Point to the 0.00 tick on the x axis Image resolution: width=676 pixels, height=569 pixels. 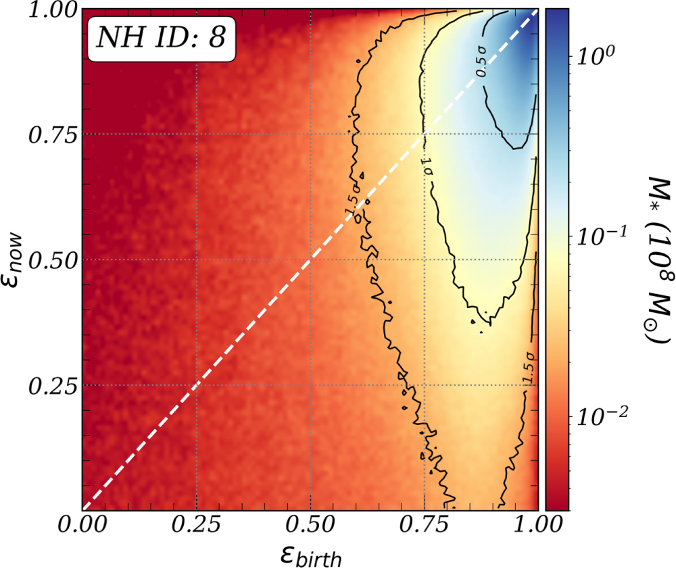[x=82, y=524]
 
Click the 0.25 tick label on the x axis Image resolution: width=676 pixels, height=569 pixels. [x=196, y=524]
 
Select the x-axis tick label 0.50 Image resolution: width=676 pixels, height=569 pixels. [x=310, y=524]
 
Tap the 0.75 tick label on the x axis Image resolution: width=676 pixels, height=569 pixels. [x=424, y=524]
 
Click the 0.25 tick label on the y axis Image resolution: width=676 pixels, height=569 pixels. [x=53, y=386]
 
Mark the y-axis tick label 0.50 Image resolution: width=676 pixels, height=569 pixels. [x=53, y=260]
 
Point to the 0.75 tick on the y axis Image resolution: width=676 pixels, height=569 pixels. [x=53, y=134]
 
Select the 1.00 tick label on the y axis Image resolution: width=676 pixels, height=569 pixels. [x=53, y=10]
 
